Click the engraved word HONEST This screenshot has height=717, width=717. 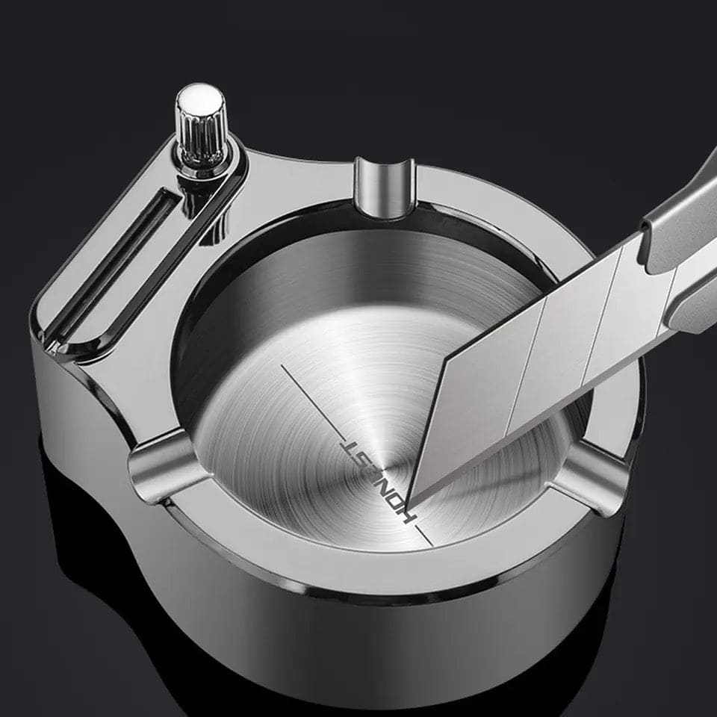(x=379, y=480)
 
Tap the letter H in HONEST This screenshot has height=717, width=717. (x=409, y=515)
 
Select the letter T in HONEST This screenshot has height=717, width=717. (x=350, y=447)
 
